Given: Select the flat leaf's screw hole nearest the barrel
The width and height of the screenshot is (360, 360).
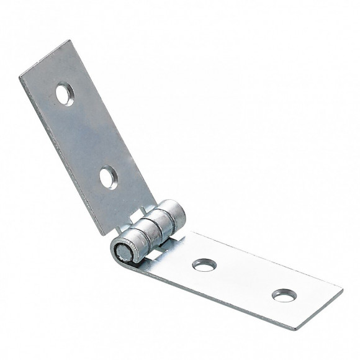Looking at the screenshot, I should pos(204,264).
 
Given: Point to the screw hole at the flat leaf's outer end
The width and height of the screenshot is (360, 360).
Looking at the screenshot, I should pos(284,295).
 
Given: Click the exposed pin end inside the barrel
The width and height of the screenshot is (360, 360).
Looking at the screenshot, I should pos(122,251).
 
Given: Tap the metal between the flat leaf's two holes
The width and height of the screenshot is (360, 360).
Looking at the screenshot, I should pos(243,279).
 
